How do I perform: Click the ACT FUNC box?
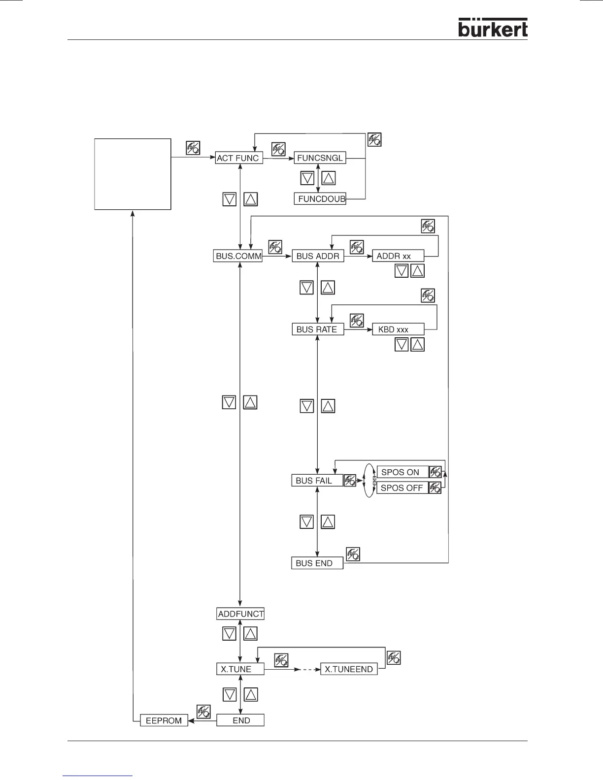pos(239,158)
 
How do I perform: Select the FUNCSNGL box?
pos(320,158)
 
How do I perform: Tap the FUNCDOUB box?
pos(320,199)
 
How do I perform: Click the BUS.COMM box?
pos(239,256)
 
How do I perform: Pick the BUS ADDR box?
pos(318,256)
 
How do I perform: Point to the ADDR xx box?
pos(398,256)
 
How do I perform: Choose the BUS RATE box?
pos(318,329)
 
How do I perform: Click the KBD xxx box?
pos(398,329)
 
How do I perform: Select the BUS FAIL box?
pos(317,481)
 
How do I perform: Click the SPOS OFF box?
pos(402,488)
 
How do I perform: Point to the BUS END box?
pos(317,563)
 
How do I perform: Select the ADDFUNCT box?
pos(241,614)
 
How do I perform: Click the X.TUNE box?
pos(240,669)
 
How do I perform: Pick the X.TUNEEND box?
pos(349,669)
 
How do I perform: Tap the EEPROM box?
pos(164,720)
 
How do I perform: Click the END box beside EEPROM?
pos(241,720)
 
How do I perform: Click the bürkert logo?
pos(493,28)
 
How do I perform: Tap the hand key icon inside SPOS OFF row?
pos(435,488)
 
